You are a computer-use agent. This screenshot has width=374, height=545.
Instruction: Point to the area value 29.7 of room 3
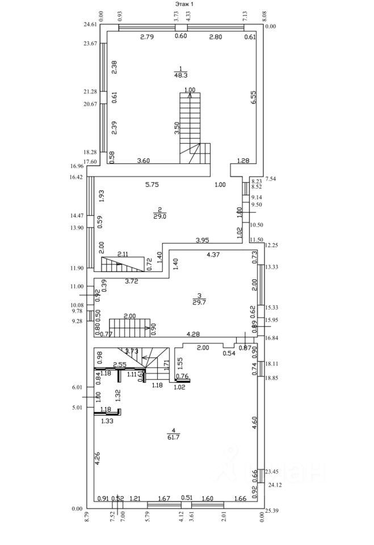point(198,302)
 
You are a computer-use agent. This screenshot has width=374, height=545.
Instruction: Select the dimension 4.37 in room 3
point(213,255)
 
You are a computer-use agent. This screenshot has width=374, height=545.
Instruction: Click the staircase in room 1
point(192,128)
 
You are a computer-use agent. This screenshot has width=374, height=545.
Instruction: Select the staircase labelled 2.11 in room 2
point(122,265)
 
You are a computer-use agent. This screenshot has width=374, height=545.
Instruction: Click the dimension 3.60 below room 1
point(143,161)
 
